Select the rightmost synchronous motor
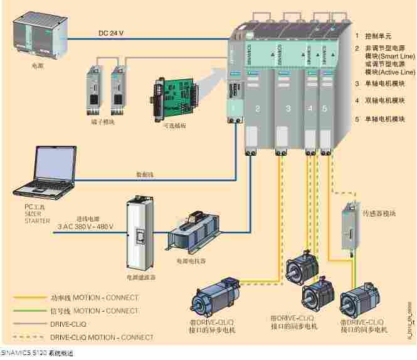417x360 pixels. [362, 302]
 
